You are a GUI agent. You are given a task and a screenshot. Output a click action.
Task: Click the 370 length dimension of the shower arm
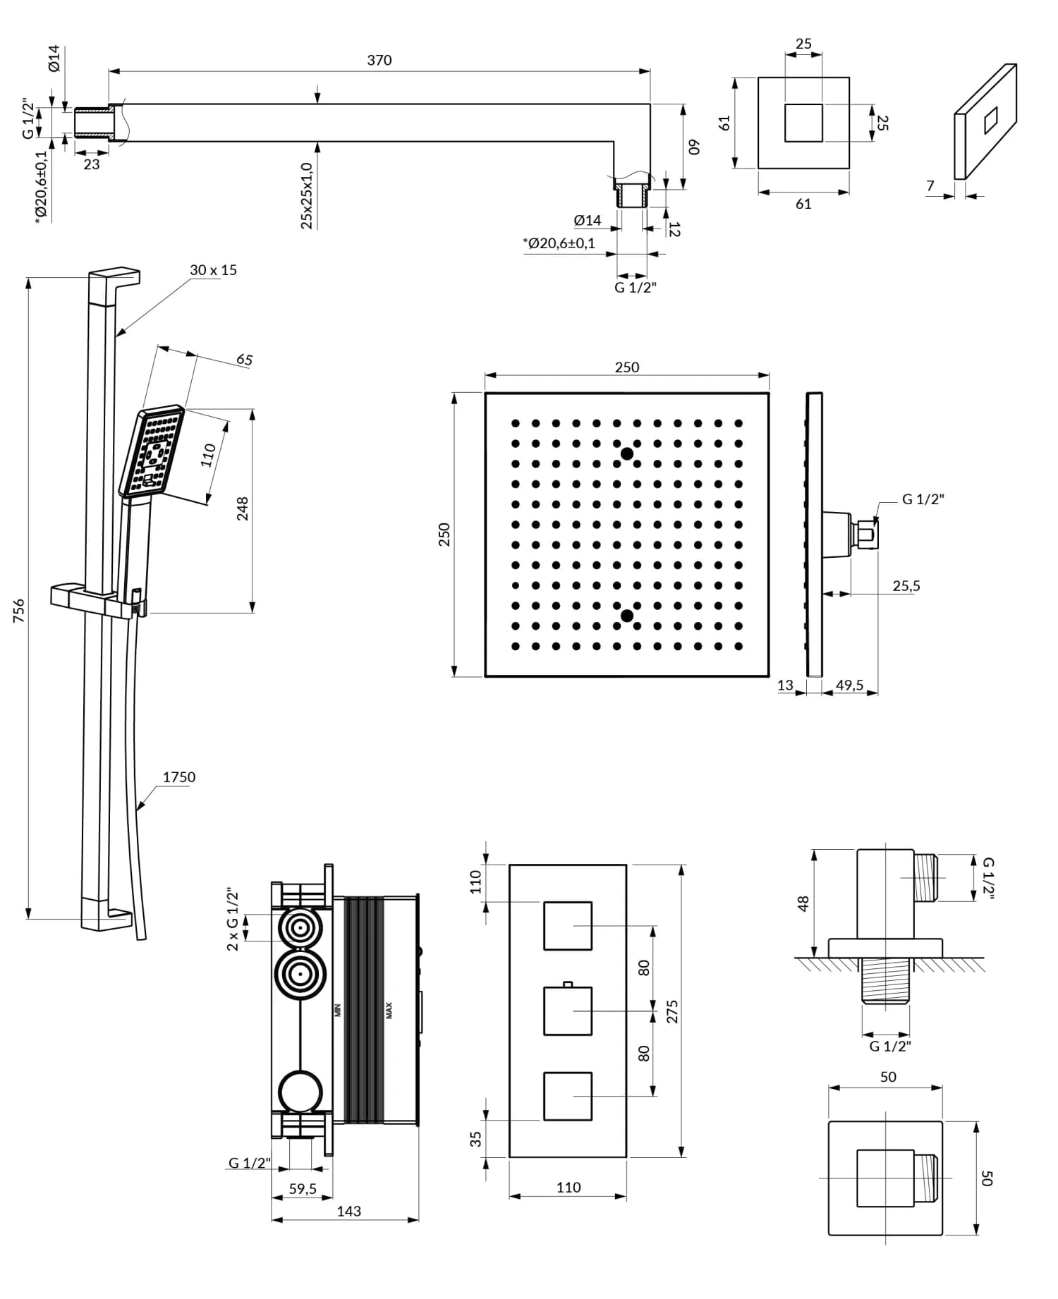point(379,61)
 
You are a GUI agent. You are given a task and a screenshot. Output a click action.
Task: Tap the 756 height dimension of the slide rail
point(19,610)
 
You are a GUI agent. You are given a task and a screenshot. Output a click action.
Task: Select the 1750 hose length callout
point(178,777)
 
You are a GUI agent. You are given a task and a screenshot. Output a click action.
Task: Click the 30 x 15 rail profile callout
point(213,270)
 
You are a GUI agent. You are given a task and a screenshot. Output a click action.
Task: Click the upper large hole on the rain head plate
point(626,454)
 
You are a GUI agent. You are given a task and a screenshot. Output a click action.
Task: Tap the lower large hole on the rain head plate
point(626,616)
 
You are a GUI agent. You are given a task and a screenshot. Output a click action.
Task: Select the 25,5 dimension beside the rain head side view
point(906,586)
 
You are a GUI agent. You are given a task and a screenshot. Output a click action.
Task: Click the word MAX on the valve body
point(389,1011)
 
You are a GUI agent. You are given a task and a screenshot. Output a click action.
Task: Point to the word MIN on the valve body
point(337,1010)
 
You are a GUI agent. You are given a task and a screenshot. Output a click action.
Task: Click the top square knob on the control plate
point(567,925)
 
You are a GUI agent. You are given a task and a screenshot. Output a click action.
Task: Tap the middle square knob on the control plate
point(567,1011)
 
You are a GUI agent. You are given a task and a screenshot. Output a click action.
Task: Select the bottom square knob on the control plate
point(567,1096)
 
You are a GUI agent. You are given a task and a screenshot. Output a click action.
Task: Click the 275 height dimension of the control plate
point(672,1011)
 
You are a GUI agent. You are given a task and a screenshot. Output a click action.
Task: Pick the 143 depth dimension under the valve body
point(348,1211)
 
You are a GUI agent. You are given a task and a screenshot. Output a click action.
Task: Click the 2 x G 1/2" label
point(233,920)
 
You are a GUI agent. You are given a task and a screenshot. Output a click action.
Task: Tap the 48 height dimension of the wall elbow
point(803,903)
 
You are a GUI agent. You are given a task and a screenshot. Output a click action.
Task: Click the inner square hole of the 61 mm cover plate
point(803,123)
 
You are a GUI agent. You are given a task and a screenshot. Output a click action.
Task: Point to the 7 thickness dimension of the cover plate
point(930,185)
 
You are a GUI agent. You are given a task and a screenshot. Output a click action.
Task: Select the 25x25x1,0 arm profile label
point(306,195)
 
